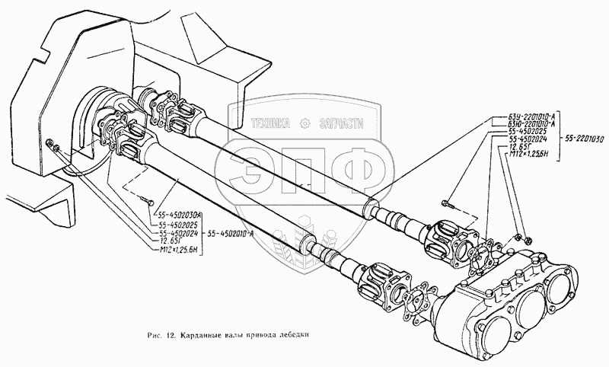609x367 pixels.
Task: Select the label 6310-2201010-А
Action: pos(521,125)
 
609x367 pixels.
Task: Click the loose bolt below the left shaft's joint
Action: pos(146,201)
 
